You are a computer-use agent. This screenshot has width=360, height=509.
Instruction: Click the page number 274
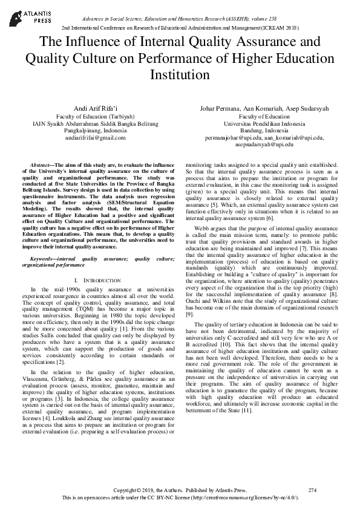(x=312, y=490)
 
